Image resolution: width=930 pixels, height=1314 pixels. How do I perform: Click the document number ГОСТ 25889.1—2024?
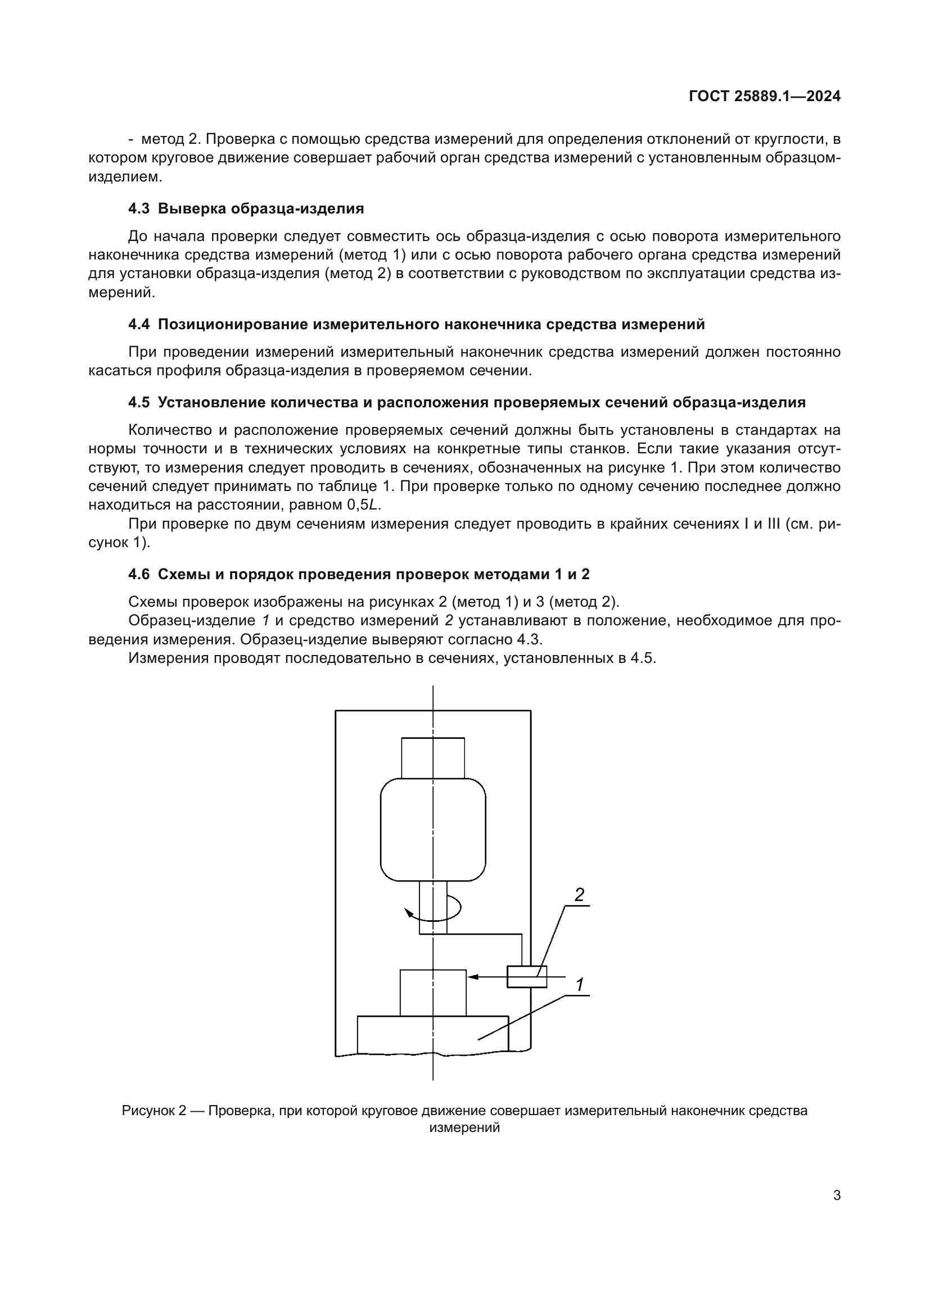click(765, 97)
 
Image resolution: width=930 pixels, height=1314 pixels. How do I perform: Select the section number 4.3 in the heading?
click(138, 208)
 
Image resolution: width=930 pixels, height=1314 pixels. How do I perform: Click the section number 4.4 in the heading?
click(138, 325)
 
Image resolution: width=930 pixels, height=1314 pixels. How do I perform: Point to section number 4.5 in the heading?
click(138, 402)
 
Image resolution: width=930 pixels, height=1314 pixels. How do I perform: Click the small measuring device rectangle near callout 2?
click(527, 976)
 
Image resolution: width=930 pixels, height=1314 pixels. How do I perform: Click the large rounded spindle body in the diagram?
click(433, 830)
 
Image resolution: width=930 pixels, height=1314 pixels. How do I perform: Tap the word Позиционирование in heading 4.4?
click(233, 325)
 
